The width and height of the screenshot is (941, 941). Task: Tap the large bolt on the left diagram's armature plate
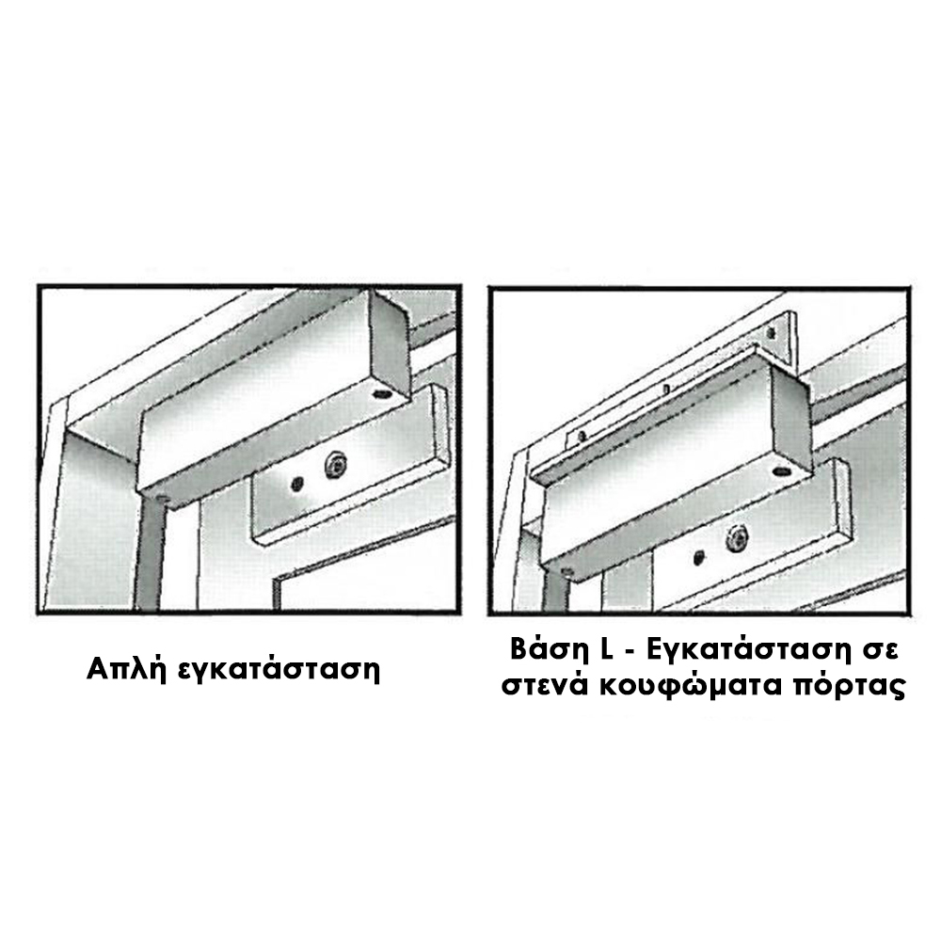coord(335,466)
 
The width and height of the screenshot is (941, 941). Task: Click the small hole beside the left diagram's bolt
coord(295,483)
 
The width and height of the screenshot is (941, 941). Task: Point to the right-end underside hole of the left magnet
coord(380,393)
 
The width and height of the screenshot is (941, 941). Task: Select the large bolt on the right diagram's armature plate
coord(736,540)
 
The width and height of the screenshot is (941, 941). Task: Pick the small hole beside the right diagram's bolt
coord(698,557)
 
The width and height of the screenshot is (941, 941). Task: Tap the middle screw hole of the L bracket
coord(667,391)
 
